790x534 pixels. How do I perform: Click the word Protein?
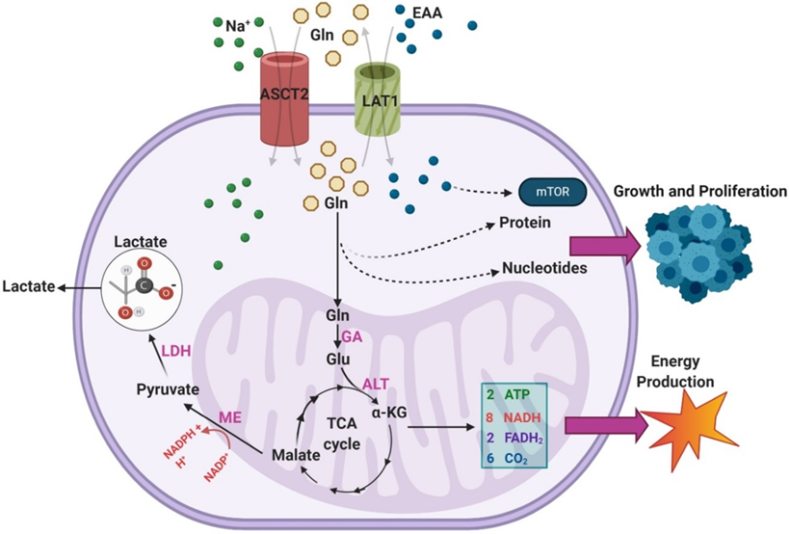tap(524, 224)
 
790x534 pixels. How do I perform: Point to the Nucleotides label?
tap(544, 267)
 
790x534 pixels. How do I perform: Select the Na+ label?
tap(237, 26)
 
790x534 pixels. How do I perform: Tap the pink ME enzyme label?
tap(229, 417)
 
